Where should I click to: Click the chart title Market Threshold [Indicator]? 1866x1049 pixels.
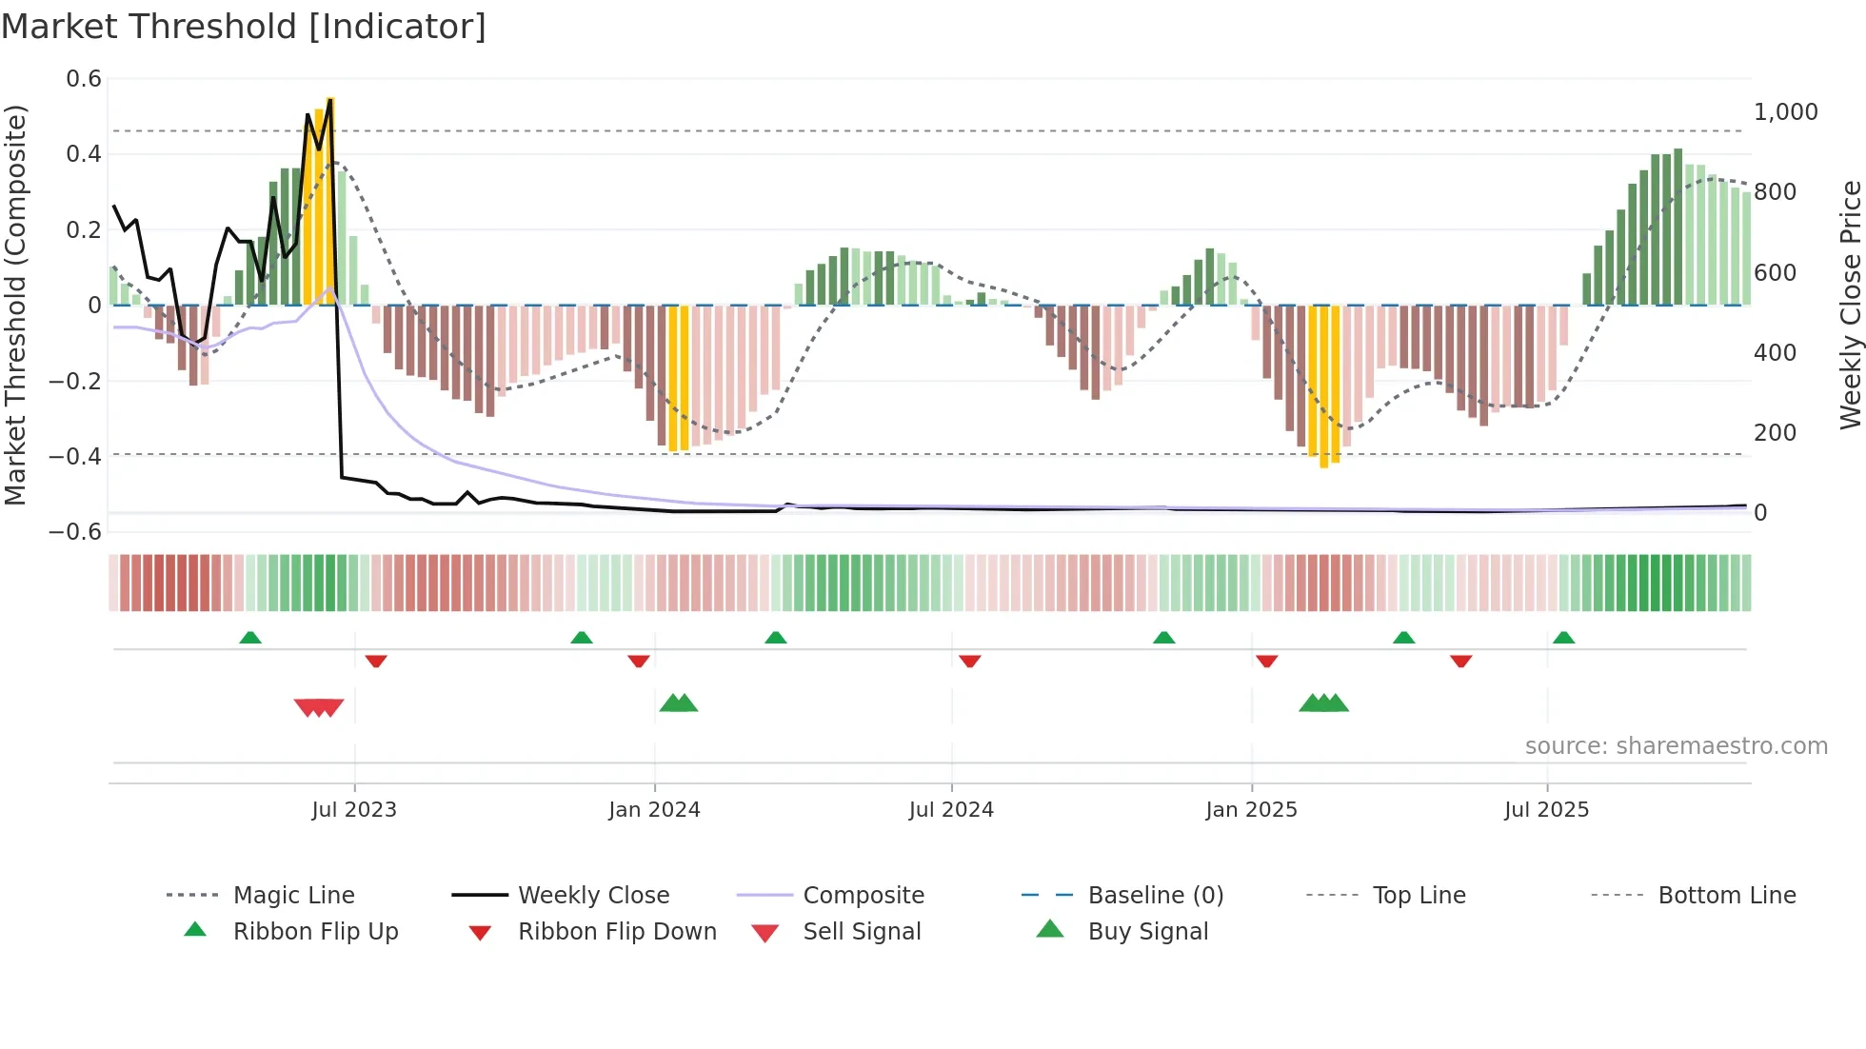244,27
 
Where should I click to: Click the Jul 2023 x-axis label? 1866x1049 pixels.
354,810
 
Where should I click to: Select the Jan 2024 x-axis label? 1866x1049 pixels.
654,810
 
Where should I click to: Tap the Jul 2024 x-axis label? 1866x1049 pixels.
951,810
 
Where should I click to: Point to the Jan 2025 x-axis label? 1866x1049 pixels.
1251,810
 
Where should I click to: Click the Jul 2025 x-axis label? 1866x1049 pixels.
1547,810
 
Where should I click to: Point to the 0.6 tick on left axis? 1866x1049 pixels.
84,79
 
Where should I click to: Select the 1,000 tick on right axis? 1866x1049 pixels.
1785,112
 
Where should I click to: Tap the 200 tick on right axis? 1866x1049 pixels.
1775,433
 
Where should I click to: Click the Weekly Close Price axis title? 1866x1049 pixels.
1850,305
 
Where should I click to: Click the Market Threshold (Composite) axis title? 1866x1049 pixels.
15,305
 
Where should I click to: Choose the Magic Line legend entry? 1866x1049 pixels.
293,896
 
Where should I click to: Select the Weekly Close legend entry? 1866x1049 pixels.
593,896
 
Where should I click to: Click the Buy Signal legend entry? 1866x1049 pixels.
1147,932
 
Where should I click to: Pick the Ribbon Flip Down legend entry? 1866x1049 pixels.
616,932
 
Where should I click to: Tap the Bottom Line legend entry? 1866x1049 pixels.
1726,896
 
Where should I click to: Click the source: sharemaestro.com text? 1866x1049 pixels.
1676,746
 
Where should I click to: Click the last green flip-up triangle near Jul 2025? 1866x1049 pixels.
1563,638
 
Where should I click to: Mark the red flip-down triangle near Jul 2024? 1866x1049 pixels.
969,661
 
